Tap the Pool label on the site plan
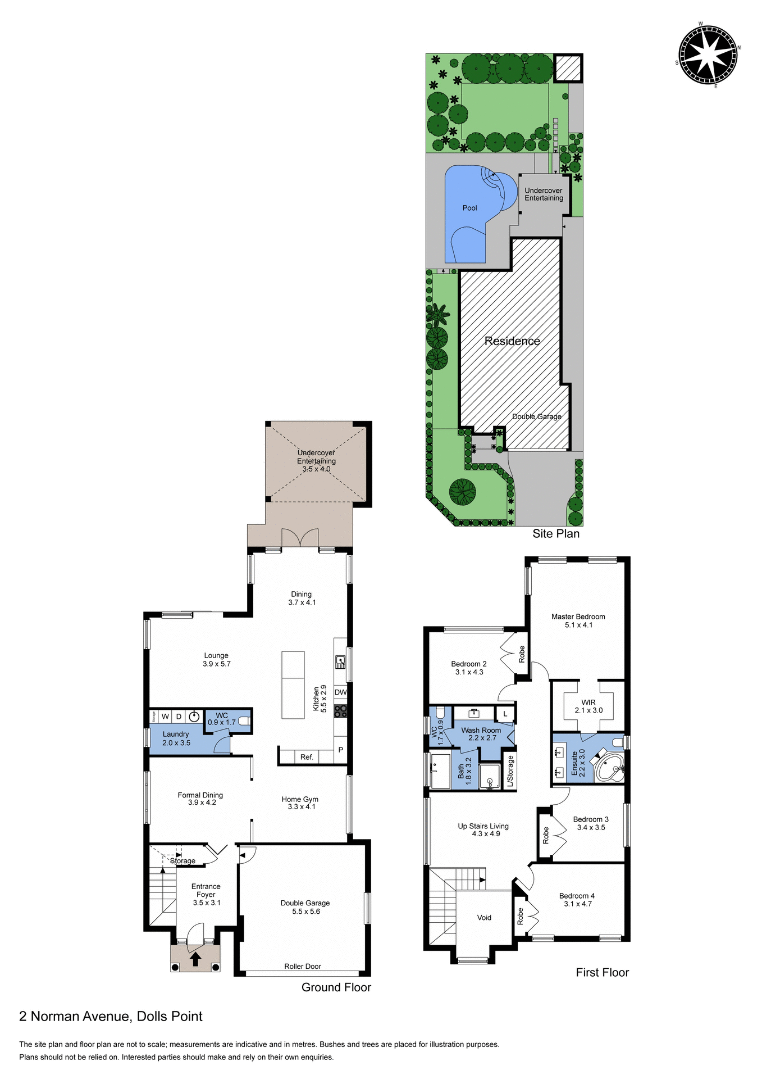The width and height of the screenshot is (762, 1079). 469,208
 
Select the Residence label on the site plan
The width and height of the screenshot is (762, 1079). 512,341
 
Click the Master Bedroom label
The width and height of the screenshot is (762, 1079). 578,617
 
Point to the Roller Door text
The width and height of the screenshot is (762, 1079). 303,967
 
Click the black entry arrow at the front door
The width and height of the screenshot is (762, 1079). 195,959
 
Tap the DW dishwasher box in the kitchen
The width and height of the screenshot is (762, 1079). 340,692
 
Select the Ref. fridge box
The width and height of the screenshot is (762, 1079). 307,757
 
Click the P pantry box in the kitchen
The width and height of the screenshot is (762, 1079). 340,750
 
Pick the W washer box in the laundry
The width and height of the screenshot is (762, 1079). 165,717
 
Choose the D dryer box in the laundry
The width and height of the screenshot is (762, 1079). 179,717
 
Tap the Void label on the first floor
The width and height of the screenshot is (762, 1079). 484,918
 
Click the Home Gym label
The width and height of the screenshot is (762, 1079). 300,799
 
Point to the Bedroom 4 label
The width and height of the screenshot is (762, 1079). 577,896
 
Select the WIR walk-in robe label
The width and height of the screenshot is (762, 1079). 588,702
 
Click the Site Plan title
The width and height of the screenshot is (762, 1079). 556,534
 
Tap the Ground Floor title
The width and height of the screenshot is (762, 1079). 336,987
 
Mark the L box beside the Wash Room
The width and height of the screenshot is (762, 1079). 505,714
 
